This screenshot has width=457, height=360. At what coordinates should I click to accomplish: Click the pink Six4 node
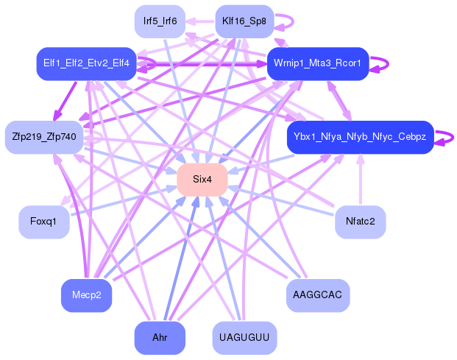pos(202,180)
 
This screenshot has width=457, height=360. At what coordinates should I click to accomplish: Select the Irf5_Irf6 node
pos(160,21)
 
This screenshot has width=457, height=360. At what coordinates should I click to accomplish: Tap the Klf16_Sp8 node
pos(244,21)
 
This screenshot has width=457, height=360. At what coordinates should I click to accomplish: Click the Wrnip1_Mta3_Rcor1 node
pos(317,64)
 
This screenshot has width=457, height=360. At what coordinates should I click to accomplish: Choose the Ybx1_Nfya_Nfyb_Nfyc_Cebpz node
pos(360,138)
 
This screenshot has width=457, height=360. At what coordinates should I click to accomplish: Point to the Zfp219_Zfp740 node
pos(44,137)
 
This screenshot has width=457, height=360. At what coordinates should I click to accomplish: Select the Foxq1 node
pos(44,222)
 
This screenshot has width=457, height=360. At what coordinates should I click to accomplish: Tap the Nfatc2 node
pos(360,222)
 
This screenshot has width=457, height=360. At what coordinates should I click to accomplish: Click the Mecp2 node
pos(86,295)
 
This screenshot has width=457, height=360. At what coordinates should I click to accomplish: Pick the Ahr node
pos(160,338)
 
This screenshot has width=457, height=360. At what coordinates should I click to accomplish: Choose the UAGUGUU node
pos(244,338)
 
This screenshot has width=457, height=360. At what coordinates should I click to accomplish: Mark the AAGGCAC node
pos(317,295)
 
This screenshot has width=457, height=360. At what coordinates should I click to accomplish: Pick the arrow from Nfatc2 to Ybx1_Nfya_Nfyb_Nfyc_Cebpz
pos(360,180)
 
